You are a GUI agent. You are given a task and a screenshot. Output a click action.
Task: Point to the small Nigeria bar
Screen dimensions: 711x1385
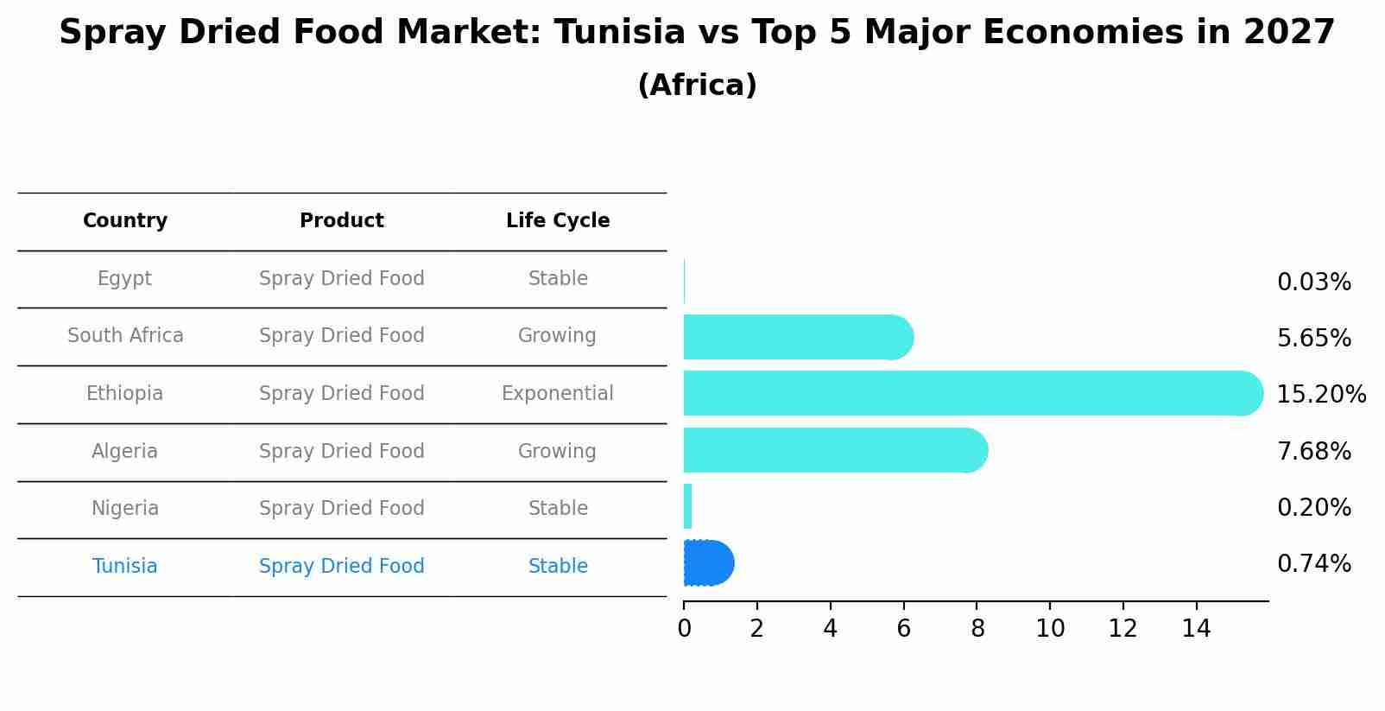[687, 506]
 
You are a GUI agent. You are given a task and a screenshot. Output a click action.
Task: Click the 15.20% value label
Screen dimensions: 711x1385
[1320, 395]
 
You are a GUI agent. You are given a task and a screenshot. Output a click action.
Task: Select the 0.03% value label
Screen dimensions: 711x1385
[1313, 282]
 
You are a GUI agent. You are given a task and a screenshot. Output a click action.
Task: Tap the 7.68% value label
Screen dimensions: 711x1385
[1313, 451]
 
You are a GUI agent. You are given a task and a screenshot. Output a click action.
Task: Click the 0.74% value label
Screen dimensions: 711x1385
[1313, 564]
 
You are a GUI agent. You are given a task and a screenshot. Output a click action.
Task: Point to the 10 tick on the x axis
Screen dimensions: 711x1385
[1050, 629]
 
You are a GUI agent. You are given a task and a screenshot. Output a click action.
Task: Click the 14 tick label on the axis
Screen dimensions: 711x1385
[1196, 629]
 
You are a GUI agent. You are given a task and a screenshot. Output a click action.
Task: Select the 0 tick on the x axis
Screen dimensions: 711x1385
[684, 629]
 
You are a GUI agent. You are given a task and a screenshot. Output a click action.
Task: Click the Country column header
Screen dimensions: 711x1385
[125, 221]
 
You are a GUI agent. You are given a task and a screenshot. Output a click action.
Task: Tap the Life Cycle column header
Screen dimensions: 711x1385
[558, 221]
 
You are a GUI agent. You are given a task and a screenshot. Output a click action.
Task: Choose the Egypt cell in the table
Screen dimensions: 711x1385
[124, 279]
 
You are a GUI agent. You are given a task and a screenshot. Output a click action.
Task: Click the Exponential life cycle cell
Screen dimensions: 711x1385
[558, 394]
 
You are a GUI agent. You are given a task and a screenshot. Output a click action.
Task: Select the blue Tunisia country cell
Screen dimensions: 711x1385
[124, 567]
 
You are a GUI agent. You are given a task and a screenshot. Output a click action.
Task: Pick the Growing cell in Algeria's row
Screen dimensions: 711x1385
[557, 451]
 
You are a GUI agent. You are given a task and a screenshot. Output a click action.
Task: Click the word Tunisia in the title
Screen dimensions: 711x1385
[619, 33]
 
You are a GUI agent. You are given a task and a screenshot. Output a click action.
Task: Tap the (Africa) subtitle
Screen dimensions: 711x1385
[697, 86]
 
